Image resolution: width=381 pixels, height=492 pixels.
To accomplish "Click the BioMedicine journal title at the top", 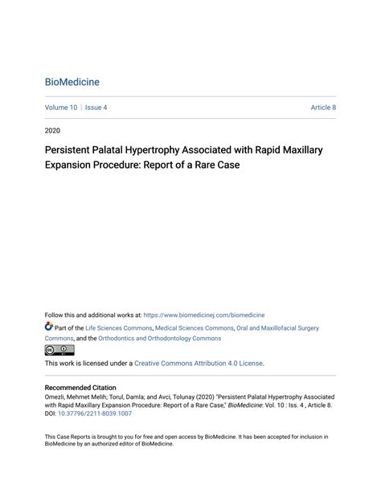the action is (72, 82).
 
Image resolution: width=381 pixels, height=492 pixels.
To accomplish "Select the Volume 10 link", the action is (61, 108).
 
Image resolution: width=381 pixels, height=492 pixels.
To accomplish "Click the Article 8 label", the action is (323, 108).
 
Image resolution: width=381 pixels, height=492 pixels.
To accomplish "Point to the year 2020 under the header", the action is (52, 129).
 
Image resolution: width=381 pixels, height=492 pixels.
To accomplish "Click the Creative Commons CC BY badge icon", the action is (59, 350).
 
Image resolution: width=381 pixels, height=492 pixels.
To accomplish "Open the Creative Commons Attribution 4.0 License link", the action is (199, 364).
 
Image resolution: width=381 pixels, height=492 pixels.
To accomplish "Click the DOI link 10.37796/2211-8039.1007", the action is (94, 413).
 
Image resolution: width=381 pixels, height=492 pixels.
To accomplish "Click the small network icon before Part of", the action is (49, 327).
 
